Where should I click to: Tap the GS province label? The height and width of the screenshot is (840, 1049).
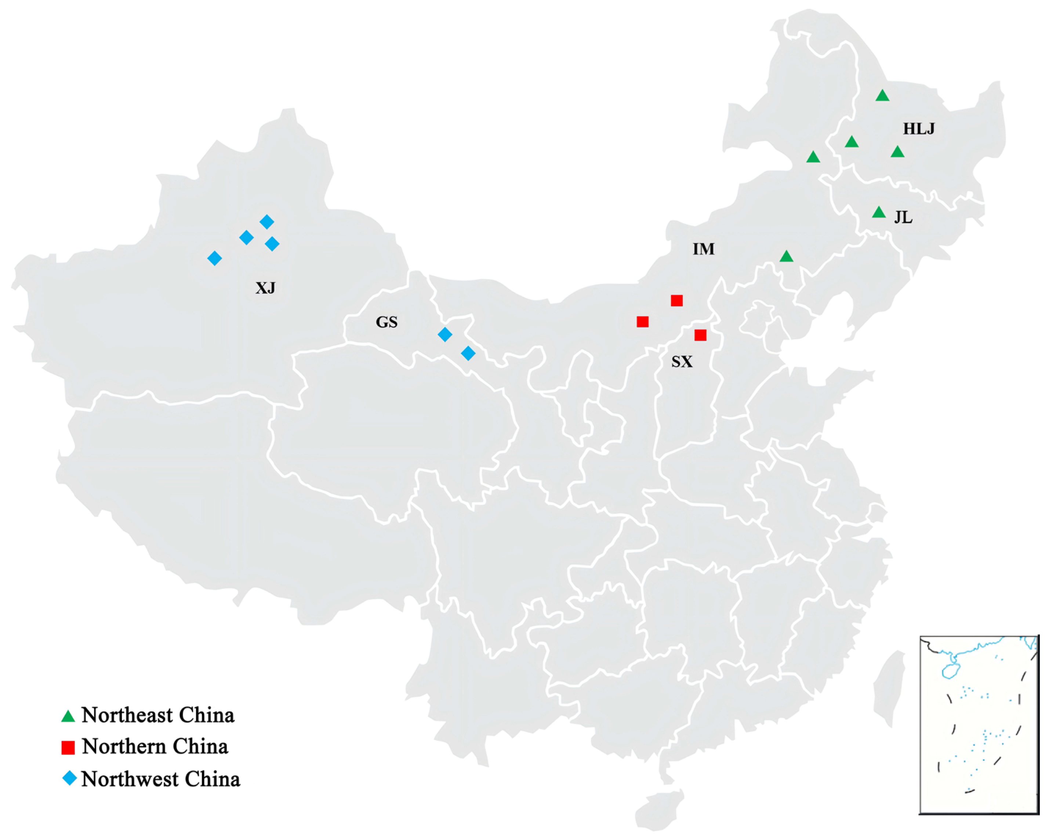(x=387, y=322)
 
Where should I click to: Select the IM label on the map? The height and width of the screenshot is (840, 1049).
(x=704, y=249)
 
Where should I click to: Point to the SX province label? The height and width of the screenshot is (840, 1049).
(x=682, y=362)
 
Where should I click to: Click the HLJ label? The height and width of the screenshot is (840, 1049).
(x=919, y=128)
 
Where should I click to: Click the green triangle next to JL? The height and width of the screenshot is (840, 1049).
(x=879, y=212)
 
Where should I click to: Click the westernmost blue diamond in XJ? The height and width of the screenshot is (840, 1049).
(x=215, y=258)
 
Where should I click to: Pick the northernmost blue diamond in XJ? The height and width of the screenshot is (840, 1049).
(x=266, y=222)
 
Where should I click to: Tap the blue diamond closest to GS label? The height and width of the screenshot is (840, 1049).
(x=445, y=334)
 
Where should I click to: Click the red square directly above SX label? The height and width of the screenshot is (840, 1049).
(x=700, y=335)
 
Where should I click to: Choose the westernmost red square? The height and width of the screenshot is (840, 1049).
(x=642, y=322)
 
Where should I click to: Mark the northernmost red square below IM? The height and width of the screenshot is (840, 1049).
(x=676, y=301)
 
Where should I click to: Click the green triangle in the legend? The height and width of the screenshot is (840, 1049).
(x=68, y=716)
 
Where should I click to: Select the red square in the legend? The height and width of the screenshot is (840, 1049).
(x=68, y=747)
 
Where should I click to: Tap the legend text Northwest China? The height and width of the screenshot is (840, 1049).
(x=160, y=779)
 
